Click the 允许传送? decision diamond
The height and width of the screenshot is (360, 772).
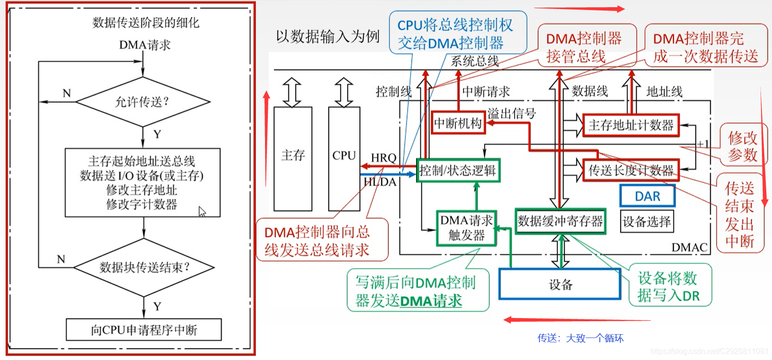coord(143,102)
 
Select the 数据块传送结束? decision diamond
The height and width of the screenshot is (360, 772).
coord(144,267)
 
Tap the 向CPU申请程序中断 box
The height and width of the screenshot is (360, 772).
coord(143,330)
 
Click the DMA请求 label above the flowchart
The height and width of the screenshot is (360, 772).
coord(144,45)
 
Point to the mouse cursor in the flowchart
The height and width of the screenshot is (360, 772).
coord(202,212)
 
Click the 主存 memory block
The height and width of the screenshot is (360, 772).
coord(293,158)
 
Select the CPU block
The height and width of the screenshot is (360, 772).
coord(344,158)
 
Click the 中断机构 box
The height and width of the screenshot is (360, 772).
coord(458,123)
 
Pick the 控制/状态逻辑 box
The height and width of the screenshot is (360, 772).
coord(458,171)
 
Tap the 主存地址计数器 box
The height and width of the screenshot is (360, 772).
coord(630,125)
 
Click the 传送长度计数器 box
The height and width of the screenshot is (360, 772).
coord(630,170)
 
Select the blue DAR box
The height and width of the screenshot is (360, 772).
coord(647,196)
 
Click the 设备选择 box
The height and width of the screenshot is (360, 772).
coord(647,221)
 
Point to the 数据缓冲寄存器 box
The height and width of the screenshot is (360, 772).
coord(560,221)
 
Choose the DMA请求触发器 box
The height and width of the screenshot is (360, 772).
coord(466,228)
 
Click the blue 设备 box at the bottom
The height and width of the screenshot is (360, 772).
coord(560,284)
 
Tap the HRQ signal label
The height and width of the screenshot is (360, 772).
coord(384,158)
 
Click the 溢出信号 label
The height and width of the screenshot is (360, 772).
coord(511,113)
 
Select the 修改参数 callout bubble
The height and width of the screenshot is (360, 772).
coord(742,146)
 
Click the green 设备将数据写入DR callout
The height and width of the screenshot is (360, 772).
coord(669,286)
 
